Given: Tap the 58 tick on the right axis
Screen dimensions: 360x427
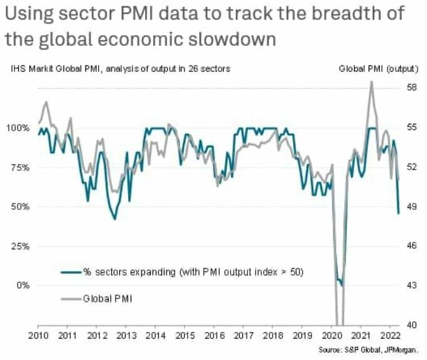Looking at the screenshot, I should pos(411,88).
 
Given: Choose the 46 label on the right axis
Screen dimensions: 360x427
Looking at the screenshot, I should pos(411,246).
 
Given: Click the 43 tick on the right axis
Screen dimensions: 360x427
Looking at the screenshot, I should pos(411,285).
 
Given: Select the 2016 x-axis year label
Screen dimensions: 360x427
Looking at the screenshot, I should pos(213,336).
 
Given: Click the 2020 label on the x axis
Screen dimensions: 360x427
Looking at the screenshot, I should pos(332,336).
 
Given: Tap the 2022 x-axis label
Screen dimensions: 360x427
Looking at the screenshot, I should pos(390,336).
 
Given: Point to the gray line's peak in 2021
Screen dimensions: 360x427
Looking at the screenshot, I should pos(372,82).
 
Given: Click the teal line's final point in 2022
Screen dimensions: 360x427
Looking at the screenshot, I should pos(398,213).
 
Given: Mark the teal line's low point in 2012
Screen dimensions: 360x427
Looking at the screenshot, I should pos(114,219).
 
